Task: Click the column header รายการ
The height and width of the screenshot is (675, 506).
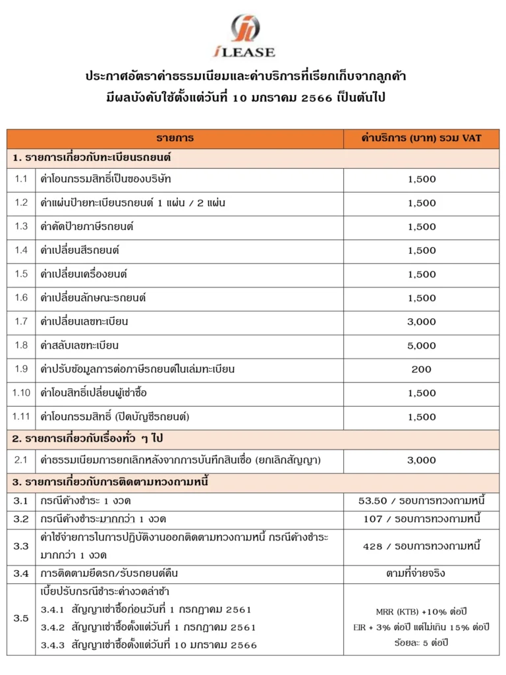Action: coord(175,138)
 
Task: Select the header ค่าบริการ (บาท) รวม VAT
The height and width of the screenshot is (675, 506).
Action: coord(422,138)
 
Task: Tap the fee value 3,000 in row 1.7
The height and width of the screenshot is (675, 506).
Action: coord(422,322)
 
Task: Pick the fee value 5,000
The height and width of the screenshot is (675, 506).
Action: coord(422,345)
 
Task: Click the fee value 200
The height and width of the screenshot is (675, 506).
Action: coord(422,369)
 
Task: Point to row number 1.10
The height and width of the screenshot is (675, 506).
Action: coord(21,393)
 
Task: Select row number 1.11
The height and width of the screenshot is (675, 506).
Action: coord(21,417)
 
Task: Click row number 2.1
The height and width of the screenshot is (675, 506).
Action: coord(21,460)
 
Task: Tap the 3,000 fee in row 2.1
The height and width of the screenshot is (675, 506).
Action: coord(422,460)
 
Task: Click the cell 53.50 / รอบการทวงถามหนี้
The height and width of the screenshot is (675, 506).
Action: coord(422,502)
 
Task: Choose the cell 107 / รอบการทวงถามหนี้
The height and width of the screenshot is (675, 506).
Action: coord(422,519)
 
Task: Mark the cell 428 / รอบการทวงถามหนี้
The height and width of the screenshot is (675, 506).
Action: coord(422,546)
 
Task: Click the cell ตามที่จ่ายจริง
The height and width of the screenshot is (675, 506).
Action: coord(422,573)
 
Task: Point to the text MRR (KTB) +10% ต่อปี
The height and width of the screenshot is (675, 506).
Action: coord(422,611)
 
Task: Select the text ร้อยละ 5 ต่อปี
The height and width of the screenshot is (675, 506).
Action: coord(422,640)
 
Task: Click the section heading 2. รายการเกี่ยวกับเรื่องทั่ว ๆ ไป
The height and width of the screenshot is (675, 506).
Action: coord(89,438)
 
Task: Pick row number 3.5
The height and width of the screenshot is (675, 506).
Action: coord(21,618)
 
